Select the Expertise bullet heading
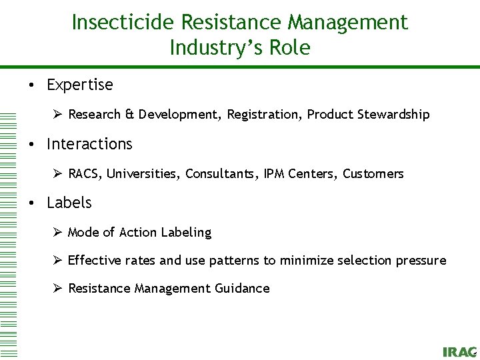tap(79, 85)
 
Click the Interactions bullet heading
tap(89, 144)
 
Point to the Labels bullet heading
tap(69, 203)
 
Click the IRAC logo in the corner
tap(459, 352)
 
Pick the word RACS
tap(84, 174)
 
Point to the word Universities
tap(143, 174)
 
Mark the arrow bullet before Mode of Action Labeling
tap(57, 232)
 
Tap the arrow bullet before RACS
tap(57, 173)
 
